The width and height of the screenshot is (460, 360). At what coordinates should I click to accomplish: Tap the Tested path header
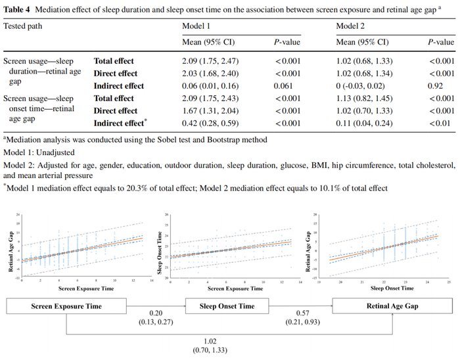[26, 26]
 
